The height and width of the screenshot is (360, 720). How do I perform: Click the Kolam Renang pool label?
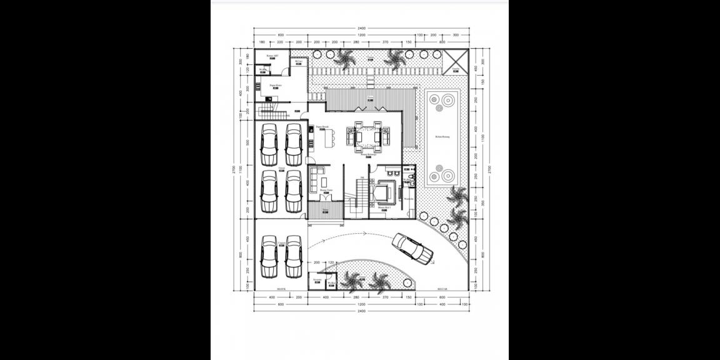(x=443, y=136)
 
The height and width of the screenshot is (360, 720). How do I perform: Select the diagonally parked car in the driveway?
(x=412, y=248)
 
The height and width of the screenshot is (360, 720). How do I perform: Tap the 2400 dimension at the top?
(x=361, y=28)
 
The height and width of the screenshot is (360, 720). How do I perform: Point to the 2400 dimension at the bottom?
(x=361, y=311)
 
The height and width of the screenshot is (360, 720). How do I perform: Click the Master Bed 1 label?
(x=384, y=207)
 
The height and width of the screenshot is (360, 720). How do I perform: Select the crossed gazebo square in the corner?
(x=456, y=61)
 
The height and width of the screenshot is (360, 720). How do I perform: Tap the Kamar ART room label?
(x=272, y=56)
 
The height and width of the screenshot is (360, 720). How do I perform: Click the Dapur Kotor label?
(x=276, y=84)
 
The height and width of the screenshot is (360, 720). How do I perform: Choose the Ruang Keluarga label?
(x=376, y=154)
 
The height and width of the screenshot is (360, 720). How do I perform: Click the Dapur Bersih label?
(x=322, y=127)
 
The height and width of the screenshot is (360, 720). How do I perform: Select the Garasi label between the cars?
(x=281, y=169)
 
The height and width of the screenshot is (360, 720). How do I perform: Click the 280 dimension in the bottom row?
(x=357, y=297)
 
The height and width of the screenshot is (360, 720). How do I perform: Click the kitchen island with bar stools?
(x=330, y=137)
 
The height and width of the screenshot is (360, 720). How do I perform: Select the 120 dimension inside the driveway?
(x=332, y=262)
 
